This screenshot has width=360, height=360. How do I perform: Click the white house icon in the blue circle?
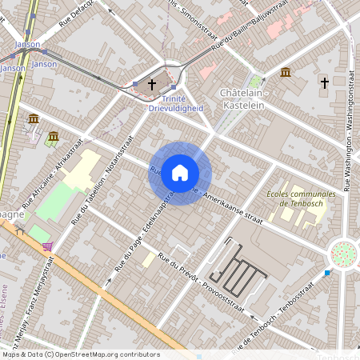point(180,173)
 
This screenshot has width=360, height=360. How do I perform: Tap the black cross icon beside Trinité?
point(152,83)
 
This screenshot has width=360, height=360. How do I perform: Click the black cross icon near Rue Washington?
point(325,82)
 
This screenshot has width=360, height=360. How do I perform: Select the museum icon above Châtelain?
point(286,73)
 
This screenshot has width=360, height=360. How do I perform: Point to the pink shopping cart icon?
point(48,246)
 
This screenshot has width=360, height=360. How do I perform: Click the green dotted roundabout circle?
point(343,254)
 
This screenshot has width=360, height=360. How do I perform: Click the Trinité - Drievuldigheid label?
point(176,103)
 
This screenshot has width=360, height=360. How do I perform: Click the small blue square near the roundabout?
point(326,274)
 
